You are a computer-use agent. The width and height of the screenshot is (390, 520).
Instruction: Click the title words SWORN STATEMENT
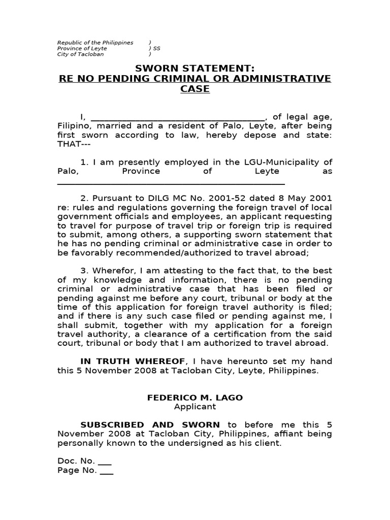[195, 69]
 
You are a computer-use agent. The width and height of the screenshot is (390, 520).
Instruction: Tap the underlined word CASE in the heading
[195, 89]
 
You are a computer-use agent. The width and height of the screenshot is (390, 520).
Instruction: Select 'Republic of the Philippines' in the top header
[95, 43]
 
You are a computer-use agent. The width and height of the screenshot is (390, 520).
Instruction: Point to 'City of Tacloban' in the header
[80, 54]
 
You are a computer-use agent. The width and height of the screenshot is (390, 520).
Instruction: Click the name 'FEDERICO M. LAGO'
[195, 398]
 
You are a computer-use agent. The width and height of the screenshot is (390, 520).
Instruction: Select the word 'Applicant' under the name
[195, 407]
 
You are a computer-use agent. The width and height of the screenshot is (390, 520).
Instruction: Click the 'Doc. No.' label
[76, 461]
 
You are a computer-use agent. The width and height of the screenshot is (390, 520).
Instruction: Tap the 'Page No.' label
[77, 470]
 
